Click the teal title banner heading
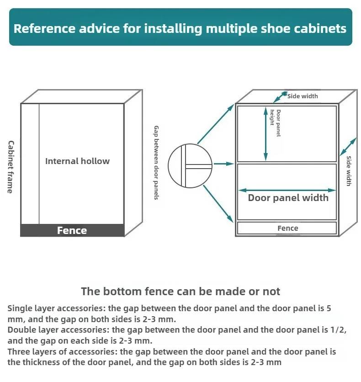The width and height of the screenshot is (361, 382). click(180, 28)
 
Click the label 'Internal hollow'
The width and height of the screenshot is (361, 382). click(77, 161)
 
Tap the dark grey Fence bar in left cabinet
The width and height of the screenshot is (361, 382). click(72, 230)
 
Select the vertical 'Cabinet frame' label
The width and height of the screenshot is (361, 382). click(11, 167)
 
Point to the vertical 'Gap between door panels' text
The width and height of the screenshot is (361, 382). click(156, 163)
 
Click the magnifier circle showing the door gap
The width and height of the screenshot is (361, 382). click(190, 165)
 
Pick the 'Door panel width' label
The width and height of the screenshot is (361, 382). click(288, 198)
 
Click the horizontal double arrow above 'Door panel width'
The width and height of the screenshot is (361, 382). click(288, 190)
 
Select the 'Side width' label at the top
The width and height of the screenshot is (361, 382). click(303, 96)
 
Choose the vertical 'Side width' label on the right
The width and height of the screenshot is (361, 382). click(349, 171)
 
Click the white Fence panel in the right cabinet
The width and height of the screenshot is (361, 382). click(287, 228)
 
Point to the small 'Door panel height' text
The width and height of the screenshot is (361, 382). click(275, 123)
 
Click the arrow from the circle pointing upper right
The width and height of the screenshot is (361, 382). click(215, 124)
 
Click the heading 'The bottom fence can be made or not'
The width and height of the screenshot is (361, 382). click(180, 291)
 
